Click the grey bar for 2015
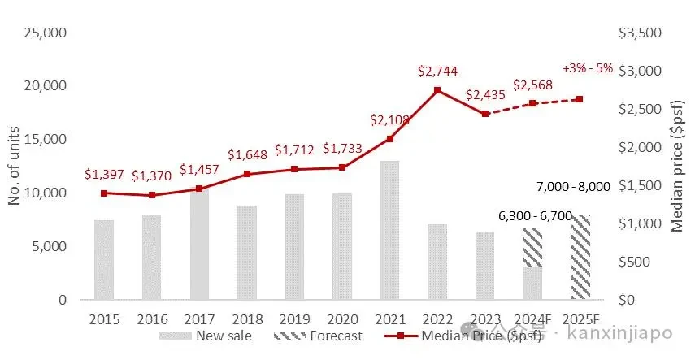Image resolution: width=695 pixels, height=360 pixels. (x=104, y=259)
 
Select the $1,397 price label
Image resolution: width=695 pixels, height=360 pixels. (x=105, y=176)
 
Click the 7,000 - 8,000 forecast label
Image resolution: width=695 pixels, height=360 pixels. (x=573, y=187)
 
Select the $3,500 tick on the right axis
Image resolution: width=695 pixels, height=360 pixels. (x=641, y=33)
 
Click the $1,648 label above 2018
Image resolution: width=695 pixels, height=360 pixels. (x=246, y=154)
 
